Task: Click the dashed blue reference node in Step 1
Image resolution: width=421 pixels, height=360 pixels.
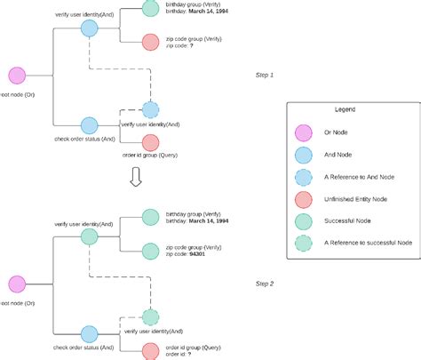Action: tap(151, 110)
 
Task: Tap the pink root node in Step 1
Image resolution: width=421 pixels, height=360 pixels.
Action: tap(16, 76)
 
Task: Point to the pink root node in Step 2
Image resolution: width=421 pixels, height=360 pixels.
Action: tap(16, 284)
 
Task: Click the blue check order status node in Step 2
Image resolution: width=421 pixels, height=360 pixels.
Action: tap(89, 333)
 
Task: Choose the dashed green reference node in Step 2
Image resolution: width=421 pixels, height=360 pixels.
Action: tap(151, 316)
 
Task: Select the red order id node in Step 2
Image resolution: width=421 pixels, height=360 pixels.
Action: tap(151, 349)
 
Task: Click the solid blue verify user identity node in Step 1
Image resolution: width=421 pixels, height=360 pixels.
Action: tap(89, 28)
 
